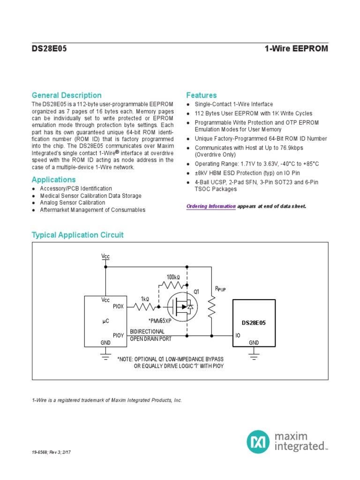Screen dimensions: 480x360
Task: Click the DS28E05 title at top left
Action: tap(49, 49)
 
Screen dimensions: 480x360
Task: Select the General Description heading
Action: tap(67, 95)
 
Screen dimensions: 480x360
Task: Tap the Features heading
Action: tap(202, 95)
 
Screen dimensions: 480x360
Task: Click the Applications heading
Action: tap(53, 180)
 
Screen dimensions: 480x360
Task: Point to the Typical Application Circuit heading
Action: tap(77, 235)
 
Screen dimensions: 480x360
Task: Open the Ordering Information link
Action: tap(211, 206)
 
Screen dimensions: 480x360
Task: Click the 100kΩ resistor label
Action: tap(173, 277)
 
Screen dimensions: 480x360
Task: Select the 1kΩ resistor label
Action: tap(145, 299)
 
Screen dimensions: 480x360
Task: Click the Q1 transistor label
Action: tap(196, 292)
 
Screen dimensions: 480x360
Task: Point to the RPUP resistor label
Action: tap(220, 289)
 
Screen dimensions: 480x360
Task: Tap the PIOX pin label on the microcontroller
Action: tap(119, 307)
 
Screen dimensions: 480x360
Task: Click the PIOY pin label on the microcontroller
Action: tap(119, 335)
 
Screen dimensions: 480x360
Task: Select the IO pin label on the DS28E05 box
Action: tap(238, 336)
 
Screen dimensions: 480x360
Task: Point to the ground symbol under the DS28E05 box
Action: tap(254, 357)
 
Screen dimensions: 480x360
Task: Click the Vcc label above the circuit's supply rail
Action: tap(105, 256)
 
